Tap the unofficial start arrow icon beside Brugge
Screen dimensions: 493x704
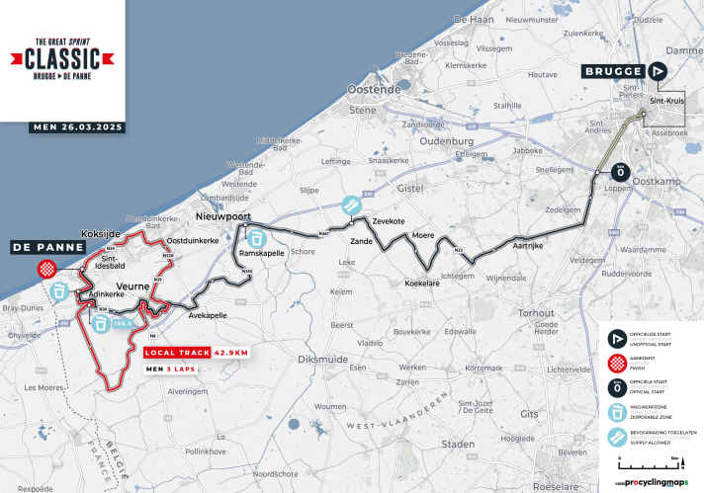point(660,71)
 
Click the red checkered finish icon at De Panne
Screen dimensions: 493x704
point(45,268)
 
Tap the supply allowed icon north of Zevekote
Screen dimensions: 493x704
point(349,205)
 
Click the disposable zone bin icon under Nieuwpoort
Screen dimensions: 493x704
point(256,238)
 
